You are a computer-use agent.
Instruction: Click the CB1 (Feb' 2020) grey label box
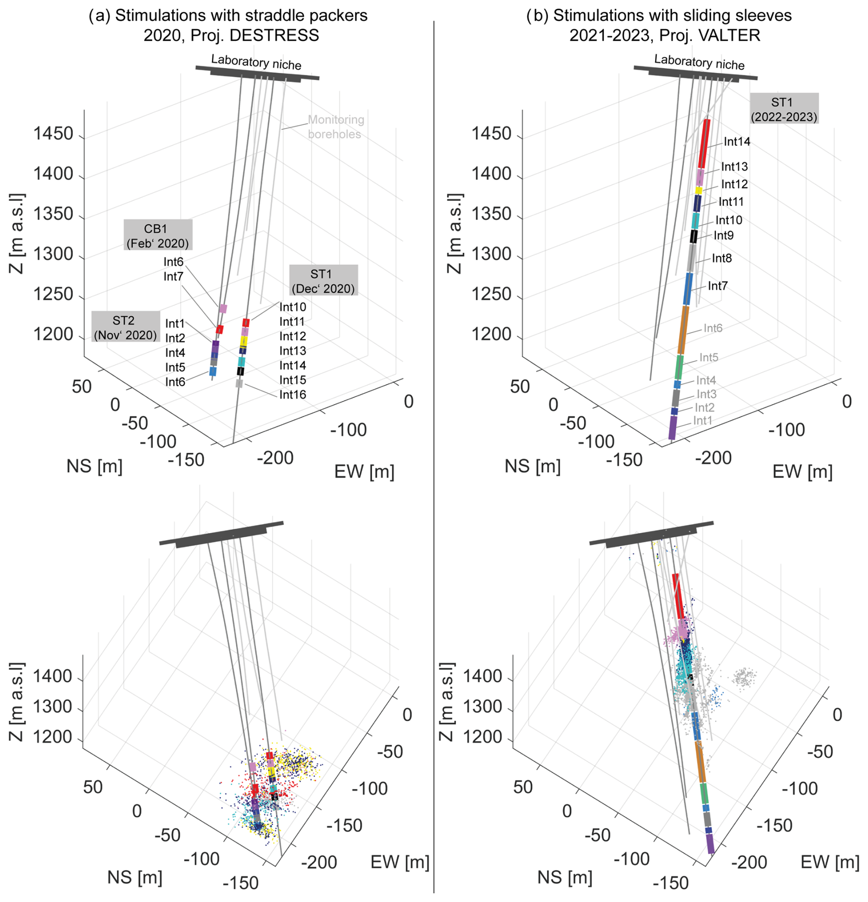pos(158,235)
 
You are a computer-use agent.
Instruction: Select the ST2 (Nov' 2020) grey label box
pos(125,327)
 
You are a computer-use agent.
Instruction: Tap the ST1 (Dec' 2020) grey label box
pos(323,281)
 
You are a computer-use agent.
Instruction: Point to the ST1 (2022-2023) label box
pos(784,109)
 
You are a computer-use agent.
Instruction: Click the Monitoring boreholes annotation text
pos(335,127)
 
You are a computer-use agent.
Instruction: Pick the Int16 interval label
pos(293,395)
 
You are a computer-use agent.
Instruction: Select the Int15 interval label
pos(293,380)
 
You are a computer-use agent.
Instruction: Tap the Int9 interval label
pos(723,236)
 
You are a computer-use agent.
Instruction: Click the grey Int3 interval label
pos(707,394)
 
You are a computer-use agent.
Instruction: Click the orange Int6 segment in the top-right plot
pos(683,330)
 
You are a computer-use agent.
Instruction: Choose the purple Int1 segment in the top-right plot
pos(673,428)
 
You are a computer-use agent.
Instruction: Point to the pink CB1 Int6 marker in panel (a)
pos(223,308)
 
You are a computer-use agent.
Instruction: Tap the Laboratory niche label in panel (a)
pos(256,62)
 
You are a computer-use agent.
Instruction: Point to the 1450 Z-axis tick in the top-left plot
pos(53,134)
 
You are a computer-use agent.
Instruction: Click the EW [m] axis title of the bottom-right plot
pos(830,862)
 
